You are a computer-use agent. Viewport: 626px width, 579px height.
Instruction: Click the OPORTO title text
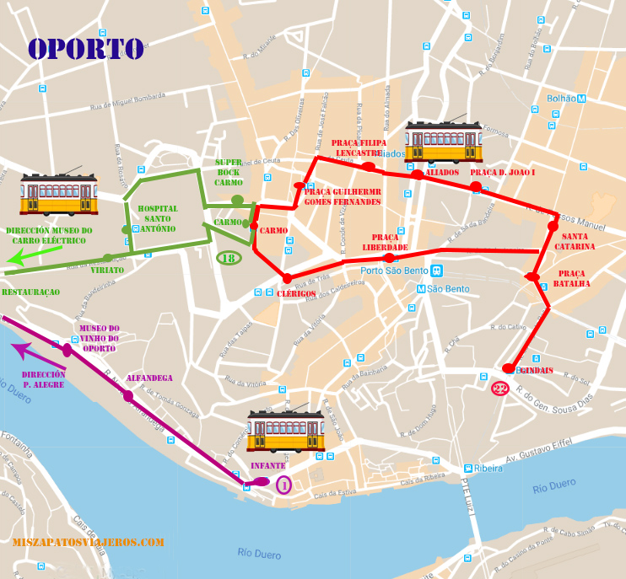86,48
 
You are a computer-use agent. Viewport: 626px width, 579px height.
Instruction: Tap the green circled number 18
229,258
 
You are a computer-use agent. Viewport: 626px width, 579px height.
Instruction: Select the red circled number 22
500,389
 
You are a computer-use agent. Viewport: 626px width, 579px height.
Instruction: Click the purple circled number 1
283,484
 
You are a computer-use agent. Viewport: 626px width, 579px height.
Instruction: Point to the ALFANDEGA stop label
148,378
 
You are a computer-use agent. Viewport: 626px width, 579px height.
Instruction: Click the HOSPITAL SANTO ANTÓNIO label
158,218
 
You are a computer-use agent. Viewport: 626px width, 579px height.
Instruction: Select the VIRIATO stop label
106,270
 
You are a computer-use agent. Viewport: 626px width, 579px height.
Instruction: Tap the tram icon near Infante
285,431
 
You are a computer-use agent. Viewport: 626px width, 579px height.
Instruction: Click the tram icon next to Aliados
443,141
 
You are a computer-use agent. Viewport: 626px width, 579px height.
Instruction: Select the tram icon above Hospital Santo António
59,195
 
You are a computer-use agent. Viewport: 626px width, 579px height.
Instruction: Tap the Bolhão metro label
565,99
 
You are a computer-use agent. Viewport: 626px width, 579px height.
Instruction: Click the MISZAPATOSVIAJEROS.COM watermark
88,543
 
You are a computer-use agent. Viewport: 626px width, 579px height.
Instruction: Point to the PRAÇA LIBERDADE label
385,242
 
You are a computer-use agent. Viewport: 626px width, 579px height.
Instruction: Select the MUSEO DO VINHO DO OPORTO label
100,338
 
